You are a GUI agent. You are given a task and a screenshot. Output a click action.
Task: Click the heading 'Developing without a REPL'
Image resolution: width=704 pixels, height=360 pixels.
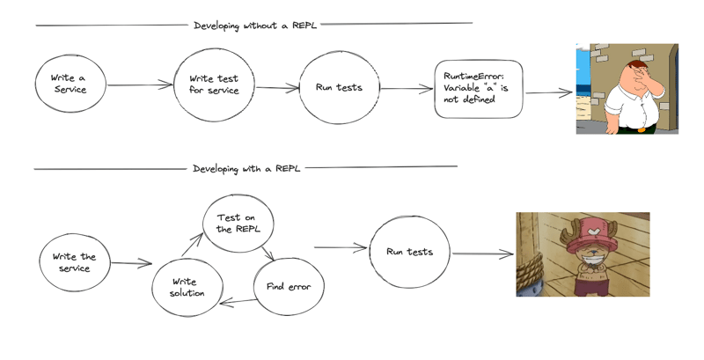(255, 26)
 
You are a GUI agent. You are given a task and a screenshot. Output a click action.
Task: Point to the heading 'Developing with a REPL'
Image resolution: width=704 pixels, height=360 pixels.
(246, 169)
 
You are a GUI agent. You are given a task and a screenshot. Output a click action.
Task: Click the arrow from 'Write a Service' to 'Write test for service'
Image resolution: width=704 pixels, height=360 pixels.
(140, 84)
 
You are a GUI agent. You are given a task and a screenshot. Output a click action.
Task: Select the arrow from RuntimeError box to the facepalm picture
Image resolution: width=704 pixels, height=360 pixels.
(549, 93)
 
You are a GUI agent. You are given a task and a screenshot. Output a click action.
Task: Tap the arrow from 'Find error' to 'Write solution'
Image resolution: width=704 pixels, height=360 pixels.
(238, 302)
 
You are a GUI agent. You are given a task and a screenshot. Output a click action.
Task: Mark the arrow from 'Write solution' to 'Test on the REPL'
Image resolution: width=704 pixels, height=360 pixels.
(193, 245)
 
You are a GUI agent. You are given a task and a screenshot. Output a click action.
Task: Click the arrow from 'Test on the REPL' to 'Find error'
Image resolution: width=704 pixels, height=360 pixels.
(268, 253)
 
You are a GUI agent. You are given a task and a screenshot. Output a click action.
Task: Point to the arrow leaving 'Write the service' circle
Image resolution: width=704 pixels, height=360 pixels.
(131, 263)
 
